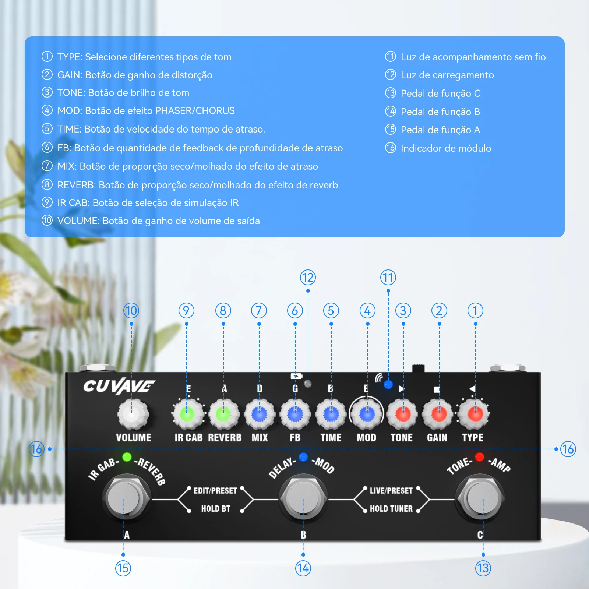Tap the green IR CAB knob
pos(187,414)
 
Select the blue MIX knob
pos(259,414)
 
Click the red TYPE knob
pos(475,414)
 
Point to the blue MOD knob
pos(367,414)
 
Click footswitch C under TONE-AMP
pos(480,497)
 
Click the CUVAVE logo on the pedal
pos(119,386)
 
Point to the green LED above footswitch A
pos(127,457)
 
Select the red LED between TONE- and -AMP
pos(479,457)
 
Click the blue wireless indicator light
pos(388,385)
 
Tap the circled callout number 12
pos(308,278)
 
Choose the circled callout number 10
pos(131,311)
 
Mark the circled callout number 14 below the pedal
pos(303,568)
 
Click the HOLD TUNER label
pos(391,509)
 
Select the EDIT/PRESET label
pos(215,491)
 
